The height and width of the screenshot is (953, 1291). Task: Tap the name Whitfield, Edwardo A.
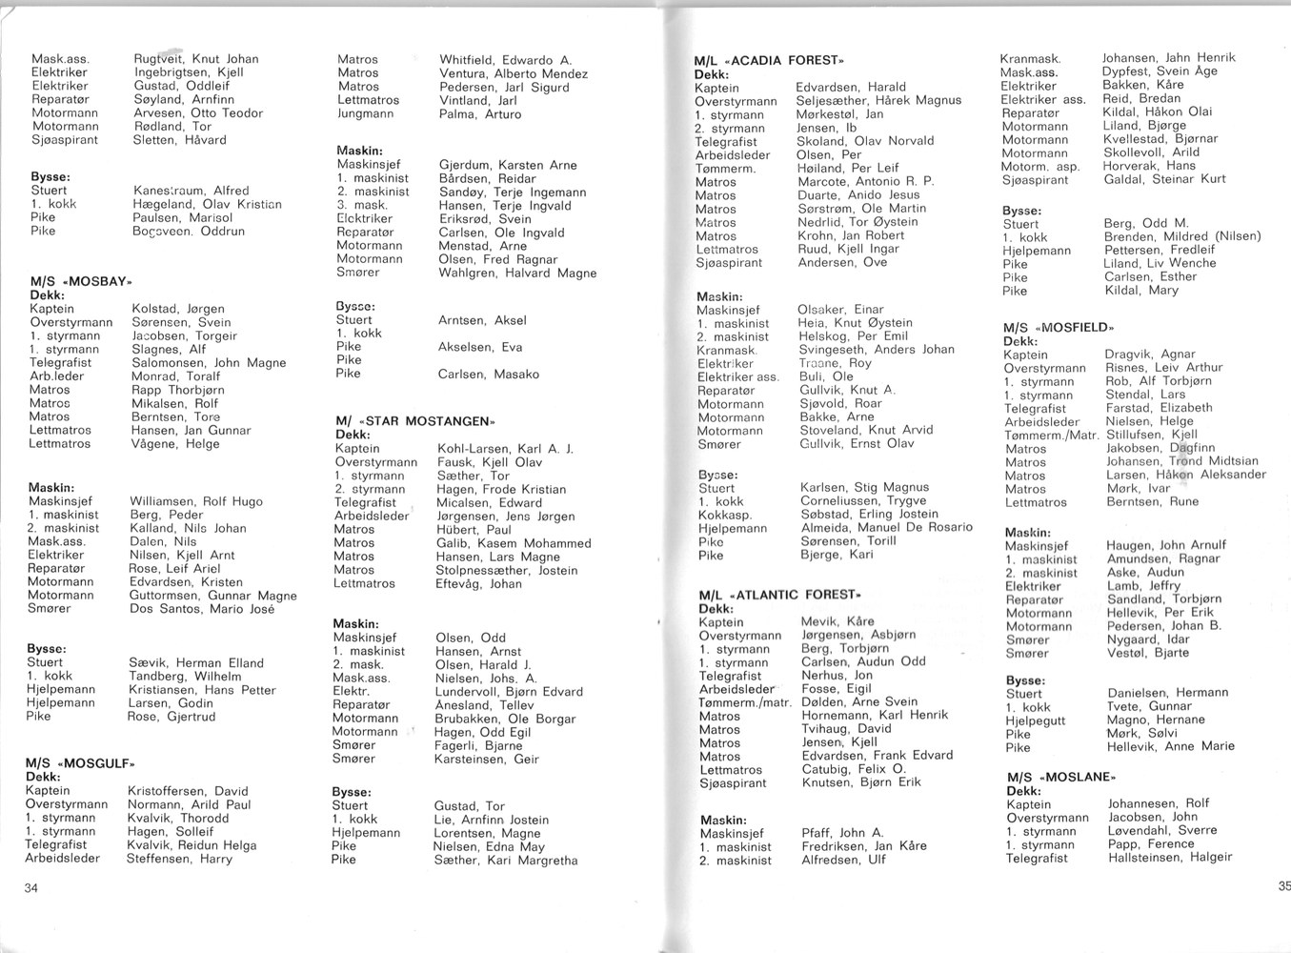(505, 60)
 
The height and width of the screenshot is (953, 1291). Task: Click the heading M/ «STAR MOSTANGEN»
(415, 421)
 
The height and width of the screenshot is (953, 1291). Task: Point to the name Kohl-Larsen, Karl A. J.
(505, 449)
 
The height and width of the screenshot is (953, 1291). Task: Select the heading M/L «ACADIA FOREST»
(769, 60)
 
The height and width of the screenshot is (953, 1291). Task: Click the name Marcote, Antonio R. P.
(865, 181)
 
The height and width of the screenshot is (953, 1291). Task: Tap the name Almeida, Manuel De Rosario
(886, 527)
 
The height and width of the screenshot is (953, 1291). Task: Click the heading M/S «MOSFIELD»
(1058, 328)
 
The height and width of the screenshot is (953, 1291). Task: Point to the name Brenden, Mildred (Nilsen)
(1181, 236)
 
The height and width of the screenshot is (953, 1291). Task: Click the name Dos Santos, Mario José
(202, 609)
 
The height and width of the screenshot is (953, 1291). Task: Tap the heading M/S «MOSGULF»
(80, 763)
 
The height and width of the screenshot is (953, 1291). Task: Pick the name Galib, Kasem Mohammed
(514, 543)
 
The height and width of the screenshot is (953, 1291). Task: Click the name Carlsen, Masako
(488, 375)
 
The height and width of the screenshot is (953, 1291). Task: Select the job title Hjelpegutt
(1036, 720)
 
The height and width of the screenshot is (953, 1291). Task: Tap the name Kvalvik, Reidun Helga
(192, 845)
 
